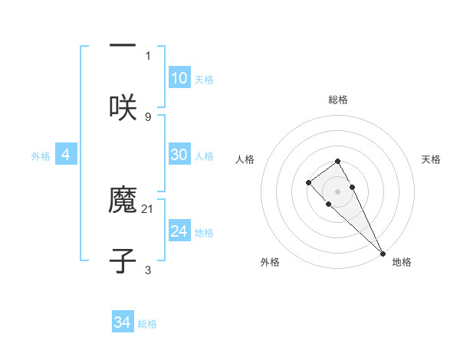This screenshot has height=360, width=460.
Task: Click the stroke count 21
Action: tap(149, 208)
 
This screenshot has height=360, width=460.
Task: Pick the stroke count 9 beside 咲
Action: tap(148, 116)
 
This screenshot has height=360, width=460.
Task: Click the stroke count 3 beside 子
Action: tap(148, 270)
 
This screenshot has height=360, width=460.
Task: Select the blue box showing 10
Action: tap(179, 78)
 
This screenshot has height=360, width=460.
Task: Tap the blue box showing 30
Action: tap(179, 155)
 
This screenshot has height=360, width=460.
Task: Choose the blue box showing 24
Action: tap(179, 231)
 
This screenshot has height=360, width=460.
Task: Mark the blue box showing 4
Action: tap(66, 155)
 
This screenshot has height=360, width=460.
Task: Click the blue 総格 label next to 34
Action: tap(147, 324)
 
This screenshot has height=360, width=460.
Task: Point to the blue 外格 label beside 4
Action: tap(41, 156)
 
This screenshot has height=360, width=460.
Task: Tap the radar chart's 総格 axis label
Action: tap(337, 100)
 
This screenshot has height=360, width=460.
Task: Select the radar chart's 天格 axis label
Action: tap(431, 159)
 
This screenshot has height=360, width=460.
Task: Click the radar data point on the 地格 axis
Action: tap(383, 253)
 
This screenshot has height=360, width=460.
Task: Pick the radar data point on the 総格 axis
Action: tap(337, 161)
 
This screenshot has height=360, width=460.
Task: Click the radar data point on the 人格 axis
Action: tap(308, 182)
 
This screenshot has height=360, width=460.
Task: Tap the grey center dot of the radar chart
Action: tap(337, 191)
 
